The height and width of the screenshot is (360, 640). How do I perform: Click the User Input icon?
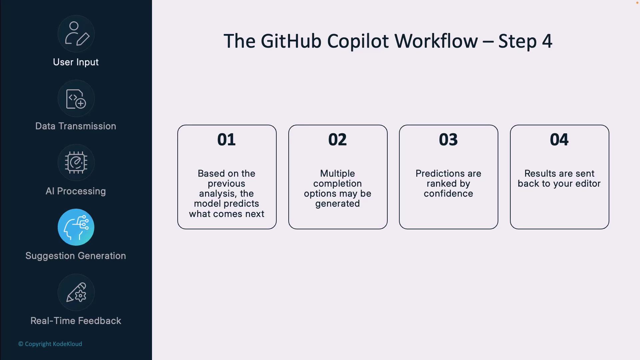[76, 34]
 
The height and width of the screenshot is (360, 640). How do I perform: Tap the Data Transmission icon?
[76, 98]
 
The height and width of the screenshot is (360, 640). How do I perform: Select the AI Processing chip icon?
[76, 163]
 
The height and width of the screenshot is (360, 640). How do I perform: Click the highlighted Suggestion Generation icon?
[76, 227]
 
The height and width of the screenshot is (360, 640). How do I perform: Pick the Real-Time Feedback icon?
[76, 292]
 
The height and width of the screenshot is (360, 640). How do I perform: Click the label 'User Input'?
[76, 62]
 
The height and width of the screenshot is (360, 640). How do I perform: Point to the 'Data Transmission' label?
[76, 126]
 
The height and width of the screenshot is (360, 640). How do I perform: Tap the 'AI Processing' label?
[76, 191]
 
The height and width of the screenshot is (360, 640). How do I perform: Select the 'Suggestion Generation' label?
[76, 256]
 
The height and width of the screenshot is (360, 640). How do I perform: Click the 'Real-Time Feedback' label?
[76, 321]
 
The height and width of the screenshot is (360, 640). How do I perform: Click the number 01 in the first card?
[227, 140]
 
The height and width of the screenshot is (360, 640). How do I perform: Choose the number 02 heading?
[338, 140]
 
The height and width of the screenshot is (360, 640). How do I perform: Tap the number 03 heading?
[448, 140]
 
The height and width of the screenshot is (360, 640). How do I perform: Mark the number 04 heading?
[559, 140]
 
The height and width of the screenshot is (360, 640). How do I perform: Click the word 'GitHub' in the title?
[291, 41]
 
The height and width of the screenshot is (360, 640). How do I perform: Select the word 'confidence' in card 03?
[448, 194]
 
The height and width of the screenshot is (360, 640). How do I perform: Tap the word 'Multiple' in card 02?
[338, 174]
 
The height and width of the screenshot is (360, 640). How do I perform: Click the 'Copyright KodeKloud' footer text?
[50, 344]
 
